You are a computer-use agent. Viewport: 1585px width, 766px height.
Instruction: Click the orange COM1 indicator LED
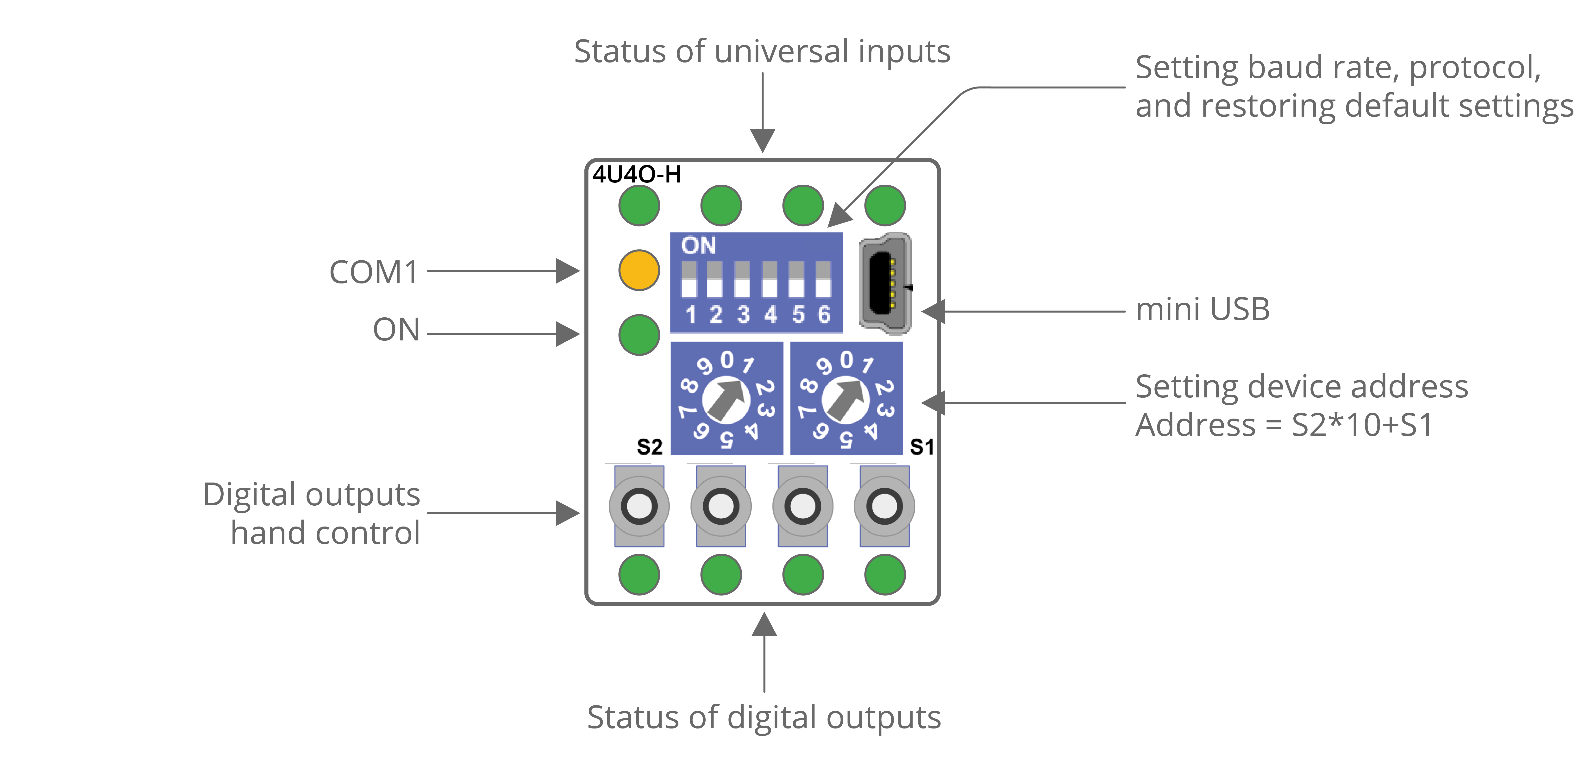click(x=639, y=270)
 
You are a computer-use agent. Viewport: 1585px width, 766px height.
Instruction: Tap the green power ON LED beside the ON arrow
click(x=639, y=335)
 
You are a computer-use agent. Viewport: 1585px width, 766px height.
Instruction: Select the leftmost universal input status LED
click(x=639, y=205)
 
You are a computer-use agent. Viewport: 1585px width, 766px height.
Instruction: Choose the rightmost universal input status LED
click(x=885, y=205)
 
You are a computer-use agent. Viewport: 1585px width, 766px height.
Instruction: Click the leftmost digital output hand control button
click(x=639, y=506)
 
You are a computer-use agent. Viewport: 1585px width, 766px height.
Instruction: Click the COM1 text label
click(x=374, y=272)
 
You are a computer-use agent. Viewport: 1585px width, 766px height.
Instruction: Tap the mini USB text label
click(x=1202, y=309)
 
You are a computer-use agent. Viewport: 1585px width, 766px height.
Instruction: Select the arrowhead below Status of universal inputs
click(x=763, y=140)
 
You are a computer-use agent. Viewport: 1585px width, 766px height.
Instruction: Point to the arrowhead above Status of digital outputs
click(x=764, y=624)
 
